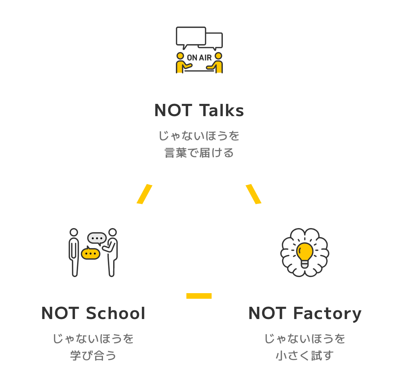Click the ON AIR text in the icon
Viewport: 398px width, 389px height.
199,58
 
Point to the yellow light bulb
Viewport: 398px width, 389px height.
305,252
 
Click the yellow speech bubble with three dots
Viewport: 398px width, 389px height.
90,253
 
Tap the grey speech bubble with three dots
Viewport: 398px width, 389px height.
97,238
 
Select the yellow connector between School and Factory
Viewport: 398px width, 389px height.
199,296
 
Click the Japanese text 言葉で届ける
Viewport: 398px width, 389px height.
199,153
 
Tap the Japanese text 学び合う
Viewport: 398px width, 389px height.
93,356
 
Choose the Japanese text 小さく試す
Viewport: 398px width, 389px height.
304,356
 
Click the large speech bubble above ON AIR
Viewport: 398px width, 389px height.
191,36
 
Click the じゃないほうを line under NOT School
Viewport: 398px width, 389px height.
93,339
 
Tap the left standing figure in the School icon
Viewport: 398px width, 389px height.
74,252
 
